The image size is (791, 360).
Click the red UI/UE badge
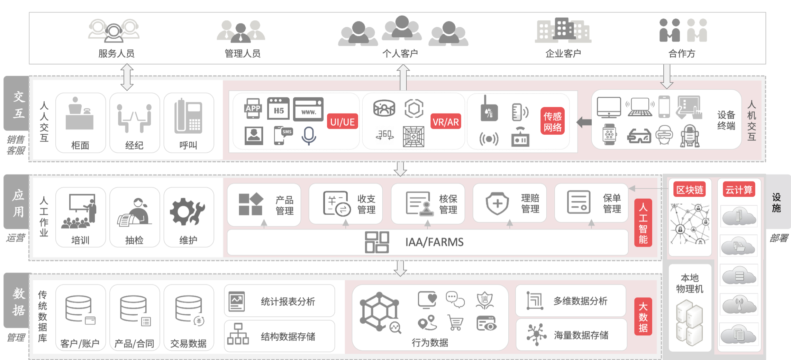[x=342, y=121]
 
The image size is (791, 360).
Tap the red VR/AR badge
[x=446, y=121]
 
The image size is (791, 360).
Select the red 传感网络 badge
[x=552, y=121]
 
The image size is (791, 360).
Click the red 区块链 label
[x=690, y=190]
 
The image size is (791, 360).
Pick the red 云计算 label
[x=739, y=190]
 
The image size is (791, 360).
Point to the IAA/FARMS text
[x=434, y=242]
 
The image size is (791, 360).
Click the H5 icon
[x=279, y=109]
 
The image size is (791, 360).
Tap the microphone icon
[x=309, y=136]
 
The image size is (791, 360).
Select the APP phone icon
[x=253, y=108]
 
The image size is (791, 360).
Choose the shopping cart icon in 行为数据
[x=455, y=322]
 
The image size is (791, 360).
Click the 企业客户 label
[x=563, y=54]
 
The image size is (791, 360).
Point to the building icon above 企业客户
[x=563, y=30]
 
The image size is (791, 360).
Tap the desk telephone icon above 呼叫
[x=188, y=116]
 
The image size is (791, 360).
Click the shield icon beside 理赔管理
[x=497, y=203]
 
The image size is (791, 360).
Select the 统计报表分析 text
[x=288, y=301]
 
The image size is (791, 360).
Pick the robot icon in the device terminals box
[x=690, y=136]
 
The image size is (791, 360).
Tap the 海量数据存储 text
[x=581, y=335]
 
